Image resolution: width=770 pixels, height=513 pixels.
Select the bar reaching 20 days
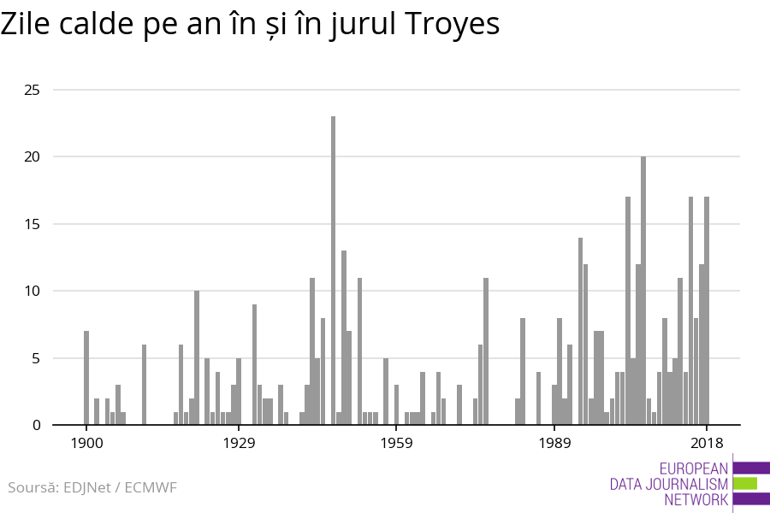pyautogui.click(x=643, y=291)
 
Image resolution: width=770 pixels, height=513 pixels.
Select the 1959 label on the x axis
pyautogui.click(x=396, y=443)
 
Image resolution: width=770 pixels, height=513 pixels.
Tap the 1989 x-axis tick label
pyautogui.click(x=554, y=443)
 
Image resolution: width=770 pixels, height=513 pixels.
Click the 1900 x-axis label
pyautogui.click(x=86, y=443)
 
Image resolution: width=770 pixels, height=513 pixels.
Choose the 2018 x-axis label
pyautogui.click(x=707, y=443)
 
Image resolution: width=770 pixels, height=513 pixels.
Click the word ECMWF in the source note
pyautogui.click(x=151, y=488)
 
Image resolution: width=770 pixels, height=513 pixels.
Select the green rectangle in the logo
pyautogui.click(x=744, y=484)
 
